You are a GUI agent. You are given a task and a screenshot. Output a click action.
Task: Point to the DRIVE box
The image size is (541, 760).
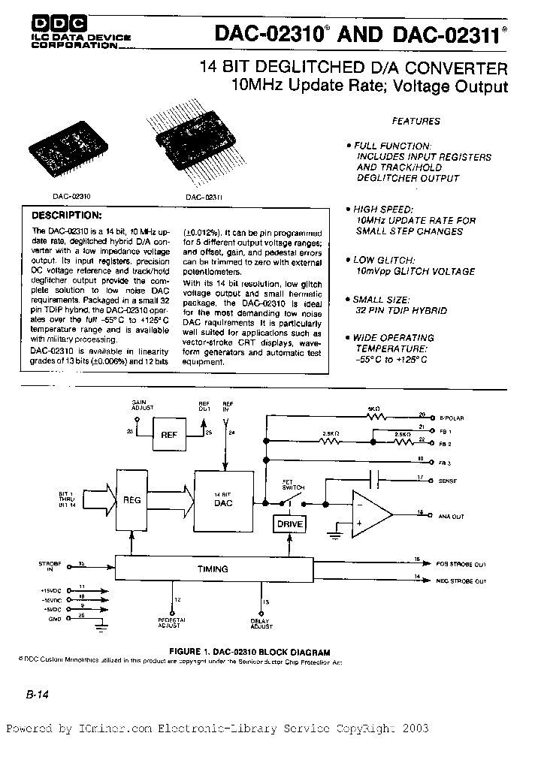pyautogui.click(x=289, y=523)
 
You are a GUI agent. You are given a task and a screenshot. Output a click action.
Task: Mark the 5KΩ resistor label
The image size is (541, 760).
pyautogui.click(x=374, y=409)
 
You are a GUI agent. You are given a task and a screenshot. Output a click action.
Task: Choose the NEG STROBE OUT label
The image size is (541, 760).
pyautogui.click(x=461, y=581)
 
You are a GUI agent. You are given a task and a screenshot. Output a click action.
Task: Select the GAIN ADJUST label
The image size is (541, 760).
pyautogui.click(x=142, y=405)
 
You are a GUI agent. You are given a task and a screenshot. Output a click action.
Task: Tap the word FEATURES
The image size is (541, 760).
pyautogui.click(x=416, y=121)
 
